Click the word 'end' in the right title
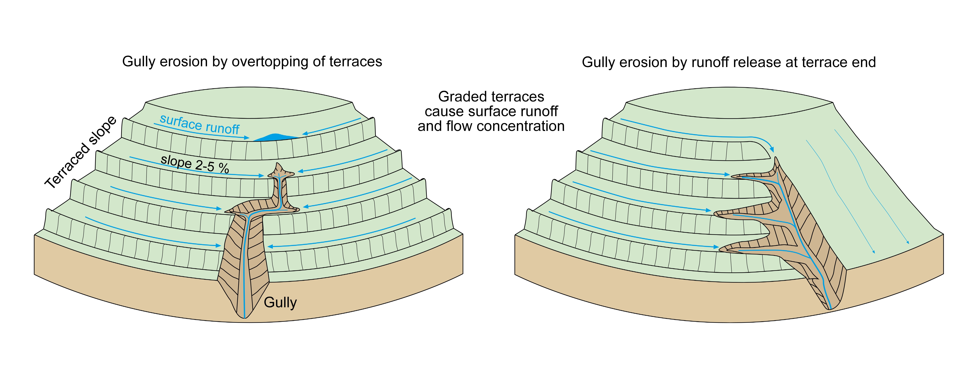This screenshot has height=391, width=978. coord(864,62)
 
